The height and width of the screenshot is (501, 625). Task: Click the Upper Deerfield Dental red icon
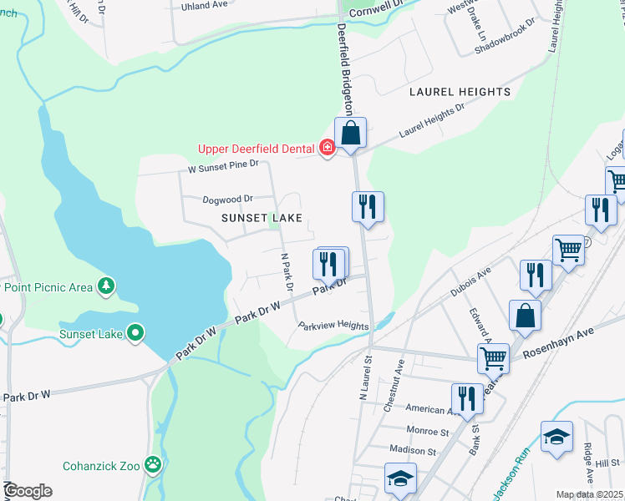[x=328, y=149]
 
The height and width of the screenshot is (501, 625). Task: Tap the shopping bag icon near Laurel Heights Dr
[x=351, y=133]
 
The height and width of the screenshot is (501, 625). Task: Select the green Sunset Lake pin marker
[x=135, y=334]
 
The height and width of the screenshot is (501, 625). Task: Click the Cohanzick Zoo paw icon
[x=153, y=464]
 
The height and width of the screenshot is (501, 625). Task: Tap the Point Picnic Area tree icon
[x=105, y=287]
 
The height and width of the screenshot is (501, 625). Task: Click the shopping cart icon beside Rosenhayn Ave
[x=493, y=358]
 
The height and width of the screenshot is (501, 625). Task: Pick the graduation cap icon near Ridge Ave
[x=556, y=437]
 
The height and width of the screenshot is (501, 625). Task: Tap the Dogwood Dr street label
[x=227, y=200]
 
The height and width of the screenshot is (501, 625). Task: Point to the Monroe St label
[x=427, y=432]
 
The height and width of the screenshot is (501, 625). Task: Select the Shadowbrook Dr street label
[x=502, y=46]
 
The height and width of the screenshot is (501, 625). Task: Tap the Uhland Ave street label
[x=205, y=5]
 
